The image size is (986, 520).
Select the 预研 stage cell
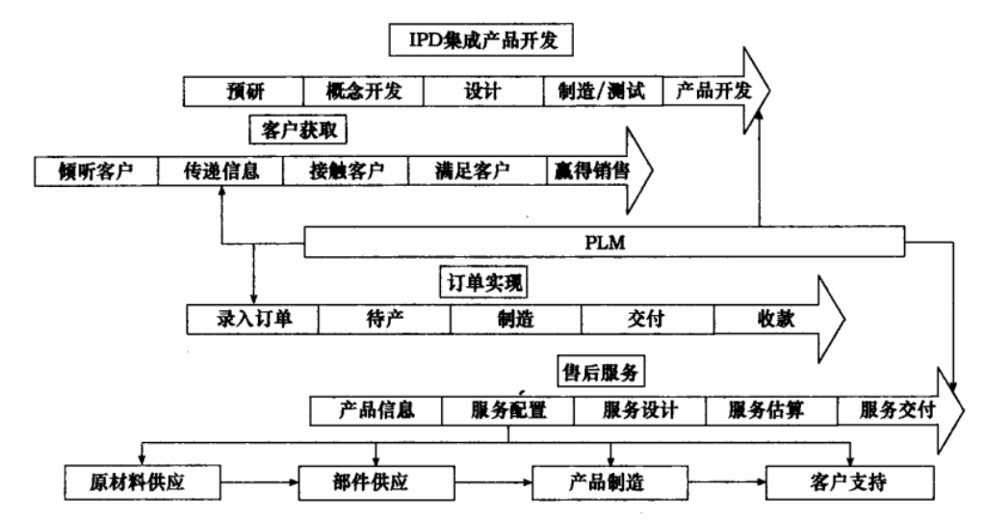pyautogui.click(x=243, y=92)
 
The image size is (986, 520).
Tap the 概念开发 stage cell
pyautogui.click(x=363, y=92)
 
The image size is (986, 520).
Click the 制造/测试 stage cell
pyautogui.click(x=603, y=92)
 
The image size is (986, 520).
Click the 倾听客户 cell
pyautogui.click(x=96, y=170)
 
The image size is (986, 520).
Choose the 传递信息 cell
pyautogui.click(x=221, y=170)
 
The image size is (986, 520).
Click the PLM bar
pyautogui.click(x=605, y=242)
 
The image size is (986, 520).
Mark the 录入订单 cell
pyautogui.click(x=252, y=319)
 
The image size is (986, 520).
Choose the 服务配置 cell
pyautogui.click(x=508, y=409)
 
